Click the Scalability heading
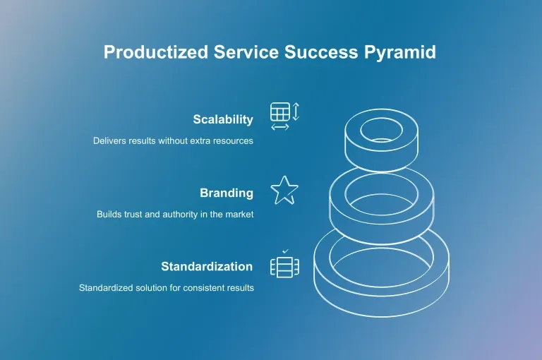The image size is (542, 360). pos(223,119)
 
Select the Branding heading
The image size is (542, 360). pos(226,193)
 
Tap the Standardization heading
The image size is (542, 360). pos(207,266)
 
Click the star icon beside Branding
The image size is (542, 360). pos(284,191)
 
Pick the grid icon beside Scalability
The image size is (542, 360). pos(279,112)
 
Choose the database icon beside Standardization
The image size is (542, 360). pos(284,267)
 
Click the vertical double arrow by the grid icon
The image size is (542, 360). pos(296,112)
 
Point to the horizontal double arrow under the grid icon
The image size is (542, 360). pos(280,127)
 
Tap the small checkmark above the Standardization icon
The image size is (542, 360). pos(285,251)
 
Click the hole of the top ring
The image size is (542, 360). pos(381,130)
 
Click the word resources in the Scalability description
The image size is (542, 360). pos(234,140)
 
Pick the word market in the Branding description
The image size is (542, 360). pos(238,214)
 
